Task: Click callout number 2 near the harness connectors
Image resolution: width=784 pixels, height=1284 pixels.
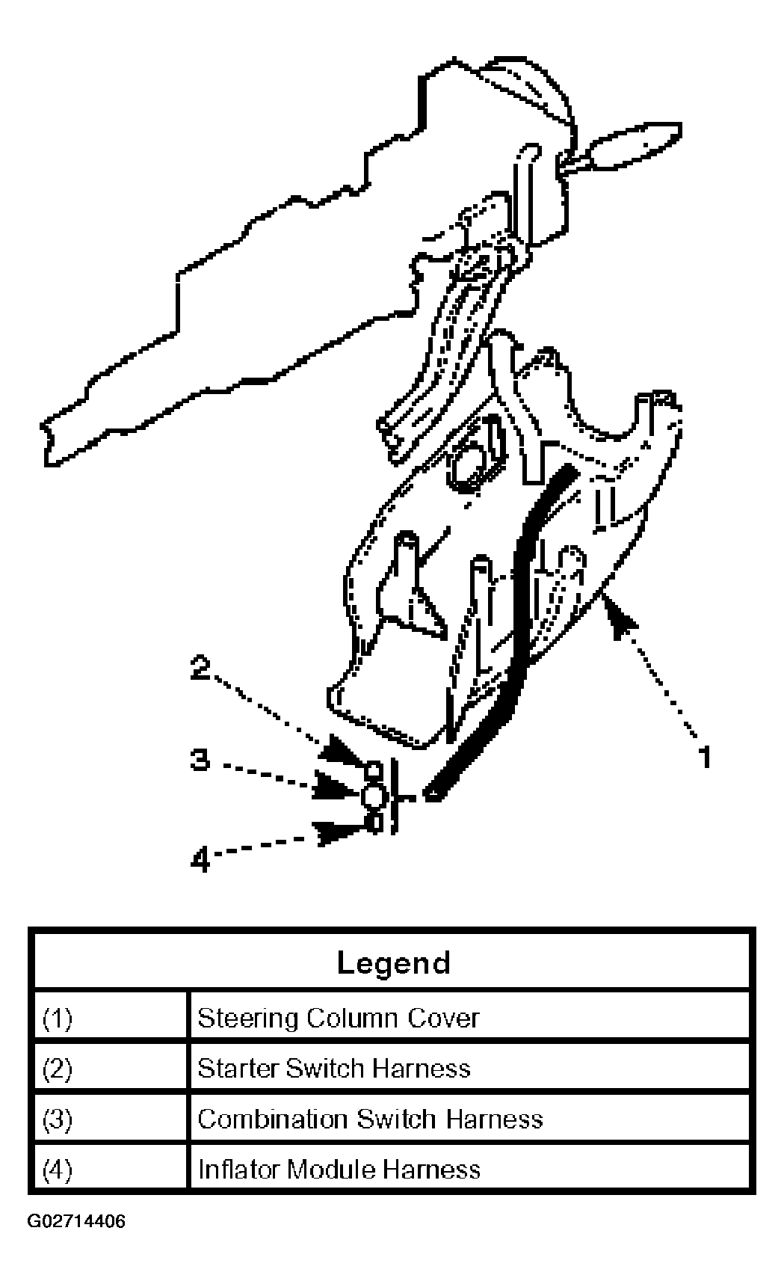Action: [200, 667]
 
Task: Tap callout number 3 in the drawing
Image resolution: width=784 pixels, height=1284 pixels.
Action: [199, 761]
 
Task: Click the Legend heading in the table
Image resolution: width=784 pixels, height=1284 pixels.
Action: [393, 962]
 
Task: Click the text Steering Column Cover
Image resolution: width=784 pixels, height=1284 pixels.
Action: [338, 1019]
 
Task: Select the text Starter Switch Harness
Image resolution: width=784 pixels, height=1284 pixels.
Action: [333, 1069]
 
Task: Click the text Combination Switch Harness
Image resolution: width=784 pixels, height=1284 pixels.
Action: [370, 1119]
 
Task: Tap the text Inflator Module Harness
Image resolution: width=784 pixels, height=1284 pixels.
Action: [339, 1169]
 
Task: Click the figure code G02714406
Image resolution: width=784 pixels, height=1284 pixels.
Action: [77, 1222]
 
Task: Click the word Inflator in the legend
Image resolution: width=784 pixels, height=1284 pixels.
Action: [238, 1169]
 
